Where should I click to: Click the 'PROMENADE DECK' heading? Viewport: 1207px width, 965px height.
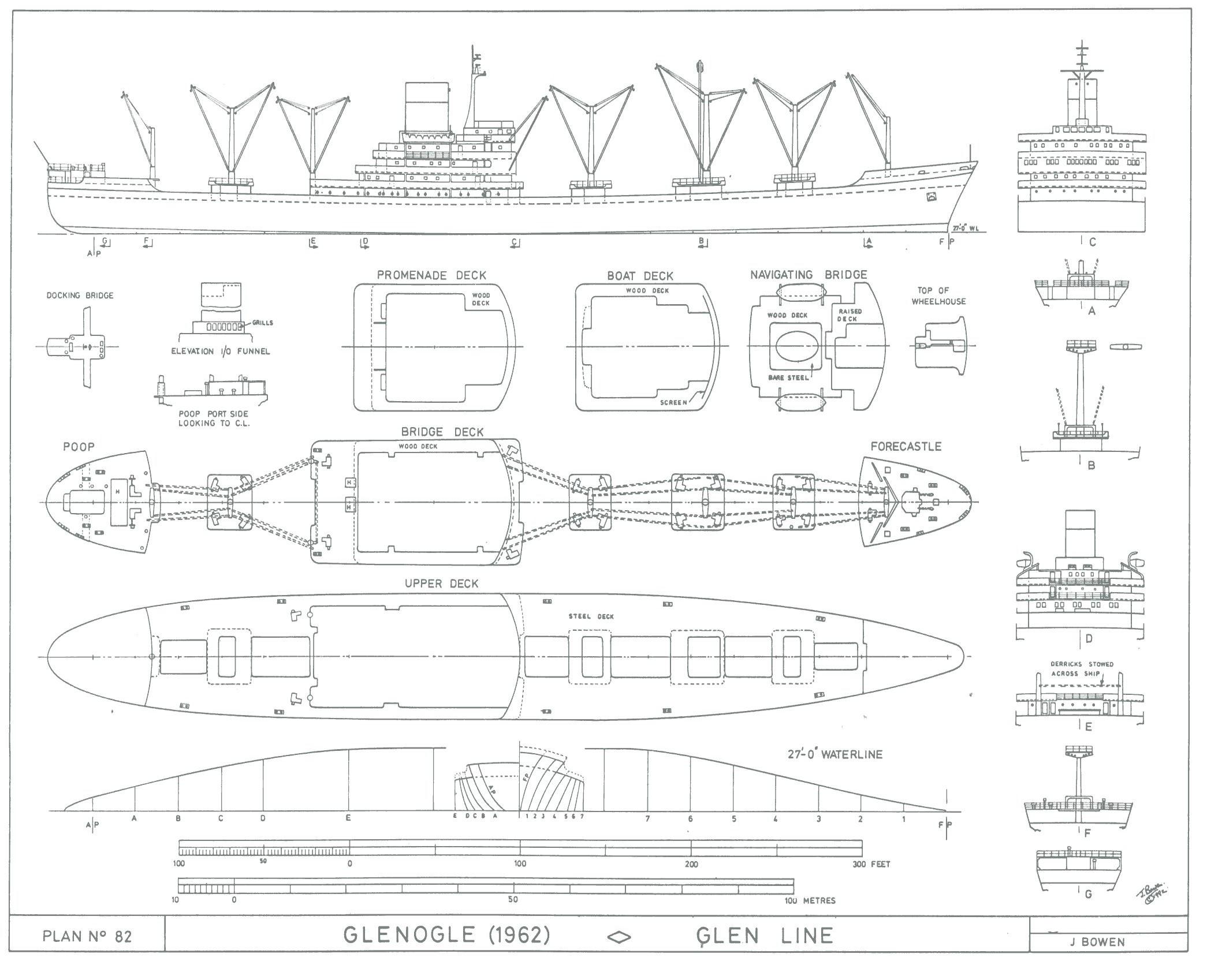coord(431,275)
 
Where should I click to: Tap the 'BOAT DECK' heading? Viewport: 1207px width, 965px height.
coord(640,276)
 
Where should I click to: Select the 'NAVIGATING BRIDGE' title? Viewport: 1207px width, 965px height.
coord(809,275)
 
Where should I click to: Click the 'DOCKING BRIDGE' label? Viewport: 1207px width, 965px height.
coord(80,296)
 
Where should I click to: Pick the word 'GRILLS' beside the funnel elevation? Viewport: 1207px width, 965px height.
coord(262,323)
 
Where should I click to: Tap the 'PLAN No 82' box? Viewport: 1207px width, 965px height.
coord(87,936)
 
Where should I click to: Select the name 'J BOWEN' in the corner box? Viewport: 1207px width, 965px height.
coord(1097,942)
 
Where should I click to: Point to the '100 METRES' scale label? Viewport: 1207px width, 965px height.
coord(810,900)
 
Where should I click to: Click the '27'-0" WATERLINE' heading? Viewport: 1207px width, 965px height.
coord(835,754)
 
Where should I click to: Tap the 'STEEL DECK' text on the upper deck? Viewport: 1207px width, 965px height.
coord(591,616)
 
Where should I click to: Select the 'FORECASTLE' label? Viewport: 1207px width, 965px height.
coord(906,446)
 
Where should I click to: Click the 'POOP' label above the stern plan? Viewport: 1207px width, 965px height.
coord(79,446)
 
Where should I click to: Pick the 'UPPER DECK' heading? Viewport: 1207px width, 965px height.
coord(441,584)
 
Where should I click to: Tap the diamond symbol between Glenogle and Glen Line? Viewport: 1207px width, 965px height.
coord(620,937)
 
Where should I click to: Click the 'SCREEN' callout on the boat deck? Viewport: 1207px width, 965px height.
coord(673,402)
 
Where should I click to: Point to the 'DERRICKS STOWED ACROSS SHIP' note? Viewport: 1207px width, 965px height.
coord(1081,669)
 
